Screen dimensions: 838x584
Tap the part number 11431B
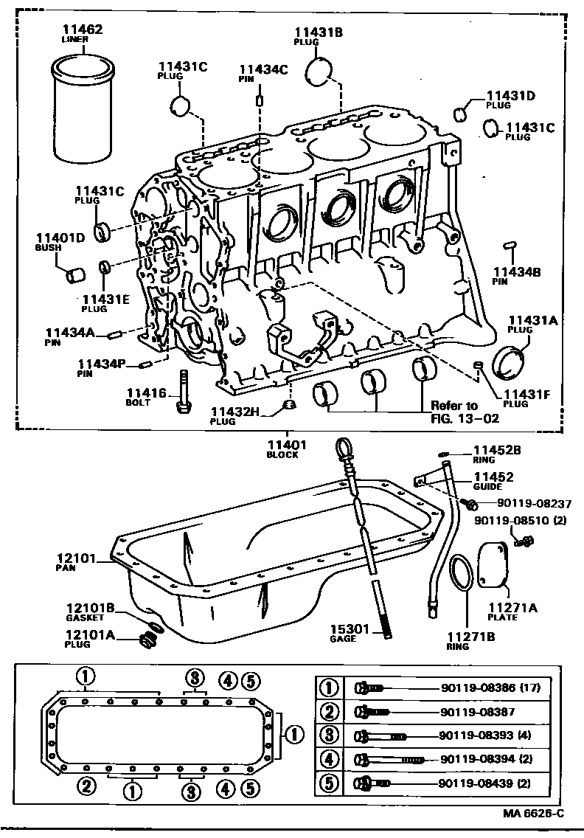318,32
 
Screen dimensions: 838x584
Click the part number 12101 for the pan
76,559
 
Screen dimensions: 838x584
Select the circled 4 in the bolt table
329,759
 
